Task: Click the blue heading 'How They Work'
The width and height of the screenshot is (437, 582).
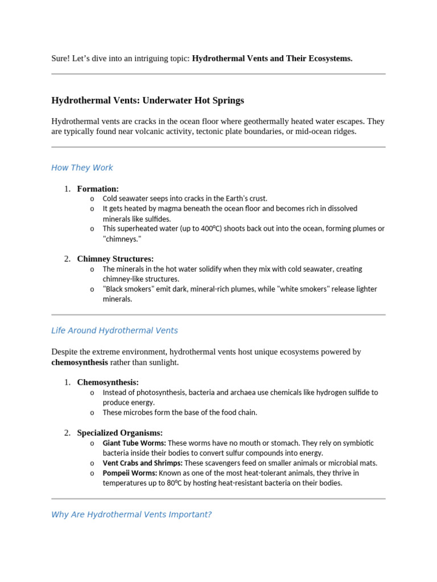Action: (82, 168)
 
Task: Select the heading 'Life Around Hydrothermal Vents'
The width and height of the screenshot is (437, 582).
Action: (114, 330)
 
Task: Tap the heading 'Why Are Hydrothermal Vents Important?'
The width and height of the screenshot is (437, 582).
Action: (131, 514)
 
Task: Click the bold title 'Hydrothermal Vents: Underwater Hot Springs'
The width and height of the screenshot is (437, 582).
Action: (147, 101)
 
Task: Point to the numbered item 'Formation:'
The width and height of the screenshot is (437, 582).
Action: (98, 189)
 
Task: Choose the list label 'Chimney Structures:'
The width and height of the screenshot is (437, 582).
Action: (116, 259)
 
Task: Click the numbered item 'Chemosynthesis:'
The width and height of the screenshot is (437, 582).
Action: (108, 382)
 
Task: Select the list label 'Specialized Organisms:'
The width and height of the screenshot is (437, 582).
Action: (120, 433)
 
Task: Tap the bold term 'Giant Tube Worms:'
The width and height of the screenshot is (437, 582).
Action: (134, 443)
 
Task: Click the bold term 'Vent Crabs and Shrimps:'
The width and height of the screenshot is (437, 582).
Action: (143, 463)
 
